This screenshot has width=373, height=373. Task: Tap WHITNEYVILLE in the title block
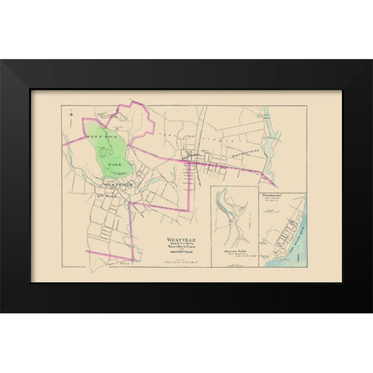176,253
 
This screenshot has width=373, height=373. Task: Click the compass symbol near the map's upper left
70,117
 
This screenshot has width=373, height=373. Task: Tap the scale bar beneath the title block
177,262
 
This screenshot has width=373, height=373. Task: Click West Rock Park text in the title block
176,249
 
